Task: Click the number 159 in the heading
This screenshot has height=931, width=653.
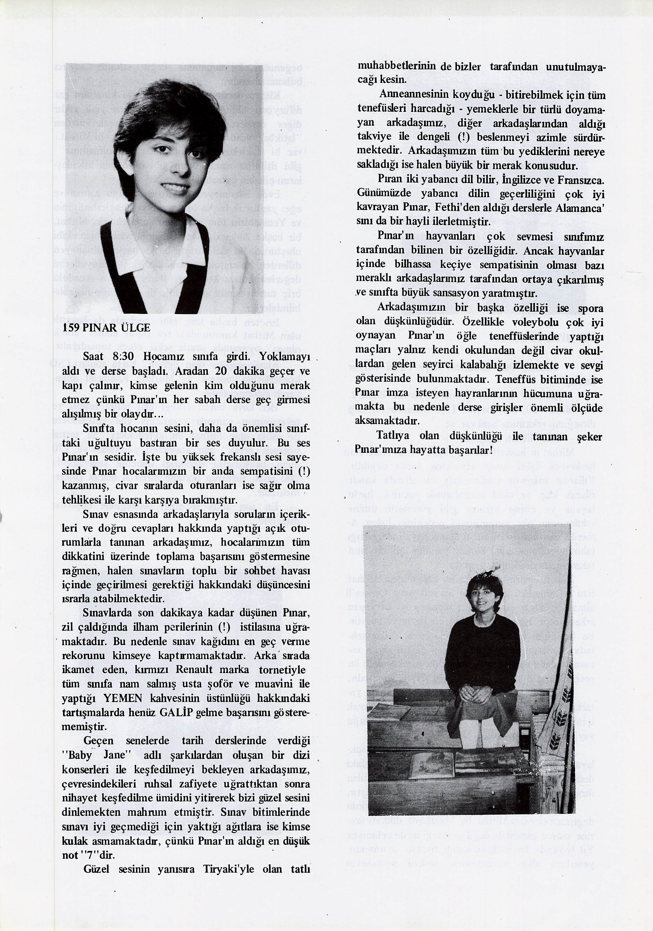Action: pos(71,328)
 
